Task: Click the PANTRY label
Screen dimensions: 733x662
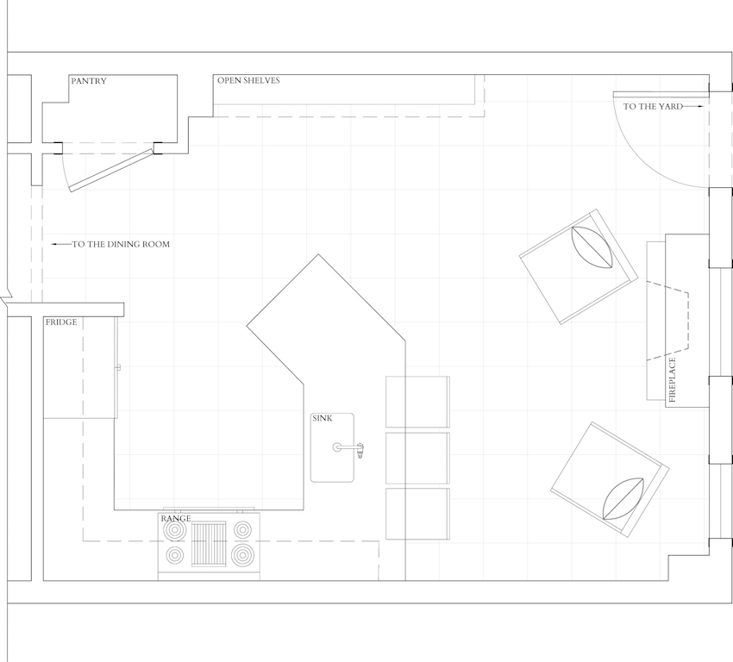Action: (x=89, y=81)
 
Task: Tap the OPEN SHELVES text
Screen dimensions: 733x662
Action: (x=248, y=80)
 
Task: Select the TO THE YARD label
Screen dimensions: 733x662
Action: (x=653, y=107)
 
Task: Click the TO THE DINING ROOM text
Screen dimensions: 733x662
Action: (x=121, y=244)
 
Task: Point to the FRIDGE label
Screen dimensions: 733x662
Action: (x=61, y=322)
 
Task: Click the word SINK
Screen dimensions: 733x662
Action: (x=323, y=418)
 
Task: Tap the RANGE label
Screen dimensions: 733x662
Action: (x=176, y=518)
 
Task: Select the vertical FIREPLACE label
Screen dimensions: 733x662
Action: (x=673, y=380)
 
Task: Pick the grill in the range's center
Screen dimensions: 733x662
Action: (x=209, y=544)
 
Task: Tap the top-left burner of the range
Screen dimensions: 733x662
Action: (x=175, y=530)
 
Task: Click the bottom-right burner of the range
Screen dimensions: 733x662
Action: (x=242, y=555)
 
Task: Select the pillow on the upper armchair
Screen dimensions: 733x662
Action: (x=592, y=247)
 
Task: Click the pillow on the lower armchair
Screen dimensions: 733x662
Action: (x=623, y=499)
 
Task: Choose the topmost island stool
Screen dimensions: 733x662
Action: (x=417, y=402)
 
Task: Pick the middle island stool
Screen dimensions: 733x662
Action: (x=417, y=459)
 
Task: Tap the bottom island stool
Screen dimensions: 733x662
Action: (x=417, y=514)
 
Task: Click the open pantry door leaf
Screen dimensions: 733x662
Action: (x=111, y=171)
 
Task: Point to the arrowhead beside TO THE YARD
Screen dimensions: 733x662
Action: (x=700, y=107)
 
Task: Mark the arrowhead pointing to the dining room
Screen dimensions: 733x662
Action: (x=54, y=244)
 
